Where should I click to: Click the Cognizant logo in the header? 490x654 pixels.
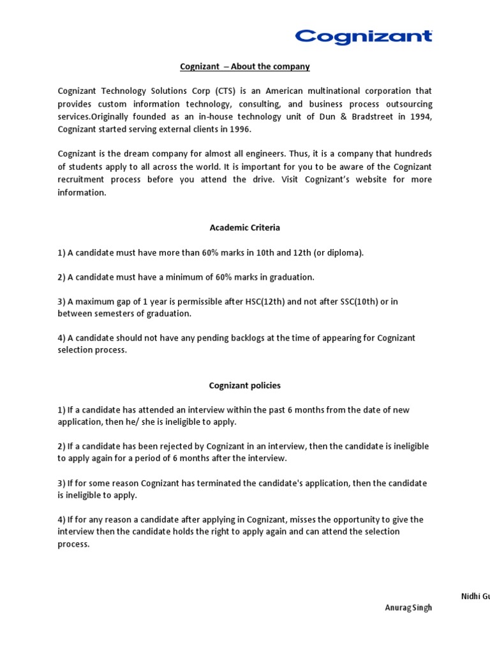[x=363, y=36]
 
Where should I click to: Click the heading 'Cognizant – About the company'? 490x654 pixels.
[x=244, y=66]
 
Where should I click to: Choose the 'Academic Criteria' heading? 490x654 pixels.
[x=244, y=227]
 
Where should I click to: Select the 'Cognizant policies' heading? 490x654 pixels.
[x=244, y=386]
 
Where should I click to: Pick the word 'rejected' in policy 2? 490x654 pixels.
[x=174, y=446]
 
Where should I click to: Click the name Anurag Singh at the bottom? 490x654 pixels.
[x=408, y=607]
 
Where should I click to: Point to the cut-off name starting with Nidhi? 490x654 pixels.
[x=475, y=596]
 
